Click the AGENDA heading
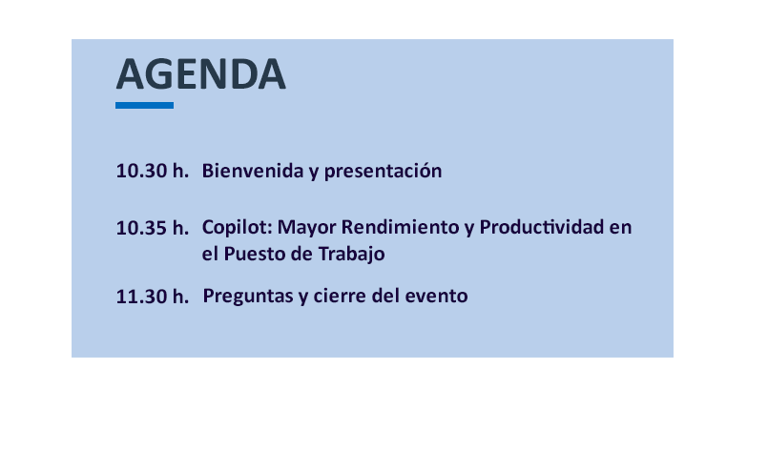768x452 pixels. point(200,74)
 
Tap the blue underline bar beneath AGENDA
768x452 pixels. point(144,105)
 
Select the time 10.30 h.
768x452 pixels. point(153,171)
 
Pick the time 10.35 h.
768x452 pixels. point(153,228)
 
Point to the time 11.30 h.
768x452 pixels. point(153,297)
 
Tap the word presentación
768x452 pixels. point(383,172)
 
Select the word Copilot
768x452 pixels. point(237,228)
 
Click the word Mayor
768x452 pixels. point(306,228)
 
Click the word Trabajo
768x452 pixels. point(352,255)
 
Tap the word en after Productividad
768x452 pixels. point(620,228)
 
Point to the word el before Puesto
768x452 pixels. point(210,255)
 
